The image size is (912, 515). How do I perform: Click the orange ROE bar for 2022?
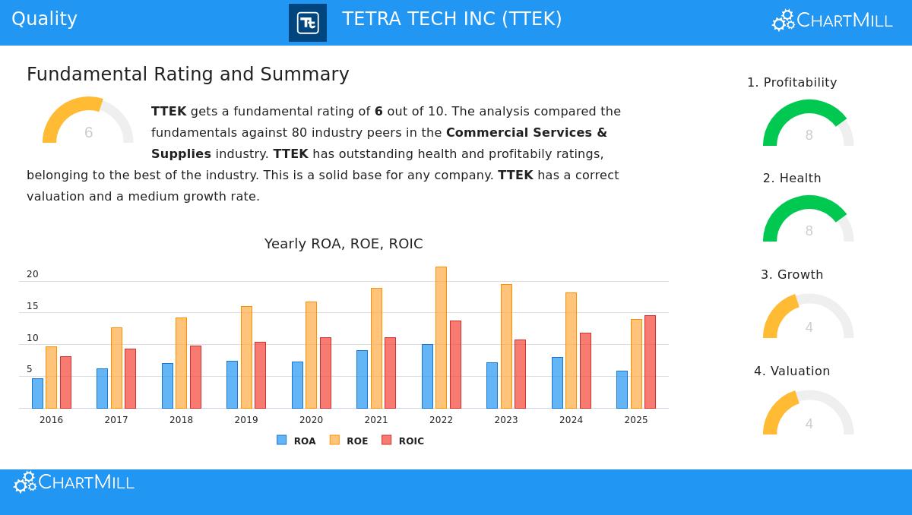pyautogui.click(x=441, y=337)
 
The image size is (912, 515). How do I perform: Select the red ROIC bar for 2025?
pyautogui.click(x=650, y=362)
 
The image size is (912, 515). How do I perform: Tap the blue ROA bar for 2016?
pyautogui.click(x=37, y=393)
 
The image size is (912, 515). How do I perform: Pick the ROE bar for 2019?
pyautogui.click(x=246, y=357)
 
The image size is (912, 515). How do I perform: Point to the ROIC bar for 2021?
pyautogui.click(x=390, y=372)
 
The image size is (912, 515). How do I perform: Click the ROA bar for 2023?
pyautogui.click(x=492, y=385)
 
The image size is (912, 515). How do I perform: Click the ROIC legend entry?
pyautogui.click(x=403, y=441)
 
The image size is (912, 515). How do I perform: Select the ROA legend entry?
pyautogui.click(x=296, y=441)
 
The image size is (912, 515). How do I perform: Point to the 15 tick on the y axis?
pyautogui.click(x=32, y=306)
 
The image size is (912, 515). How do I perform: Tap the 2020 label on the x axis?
pyautogui.click(x=311, y=420)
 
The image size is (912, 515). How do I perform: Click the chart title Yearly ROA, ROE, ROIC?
pyautogui.click(x=344, y=244)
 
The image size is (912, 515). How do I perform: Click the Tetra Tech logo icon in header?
pyautogui.click(x=308, y=23)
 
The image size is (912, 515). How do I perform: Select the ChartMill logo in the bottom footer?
pyautogui.click(x=74, y=482)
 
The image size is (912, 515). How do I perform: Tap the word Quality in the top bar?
pyautogui.click(x=44, y=19)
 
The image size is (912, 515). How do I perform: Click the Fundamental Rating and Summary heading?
pyautogui.click(x=188, y=74)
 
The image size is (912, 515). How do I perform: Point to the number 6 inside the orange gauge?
pyautogui.click(x=88, y=133)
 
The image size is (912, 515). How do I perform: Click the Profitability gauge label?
pyautogui.click(x=792, y=82)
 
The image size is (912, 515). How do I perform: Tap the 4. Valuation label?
pyautogui.click(x=792, y=371)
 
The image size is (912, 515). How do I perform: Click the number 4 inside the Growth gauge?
pyautogui.click(x=809, y=327)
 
